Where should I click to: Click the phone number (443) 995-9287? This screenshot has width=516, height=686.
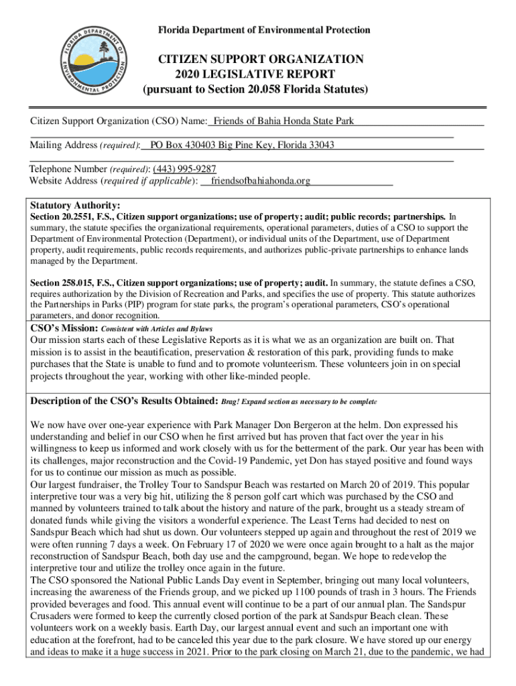click(x=184, y=169)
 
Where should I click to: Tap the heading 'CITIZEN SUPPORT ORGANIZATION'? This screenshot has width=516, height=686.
click(x=261, y=60)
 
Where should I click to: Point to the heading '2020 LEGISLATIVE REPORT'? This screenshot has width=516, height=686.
click(x=255, y=74)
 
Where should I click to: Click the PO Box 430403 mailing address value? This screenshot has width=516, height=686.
click(x=243, y=145)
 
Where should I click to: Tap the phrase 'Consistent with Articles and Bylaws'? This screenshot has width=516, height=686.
click(x=157, y=329)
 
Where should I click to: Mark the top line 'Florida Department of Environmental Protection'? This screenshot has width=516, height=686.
click(x=263, y=30)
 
